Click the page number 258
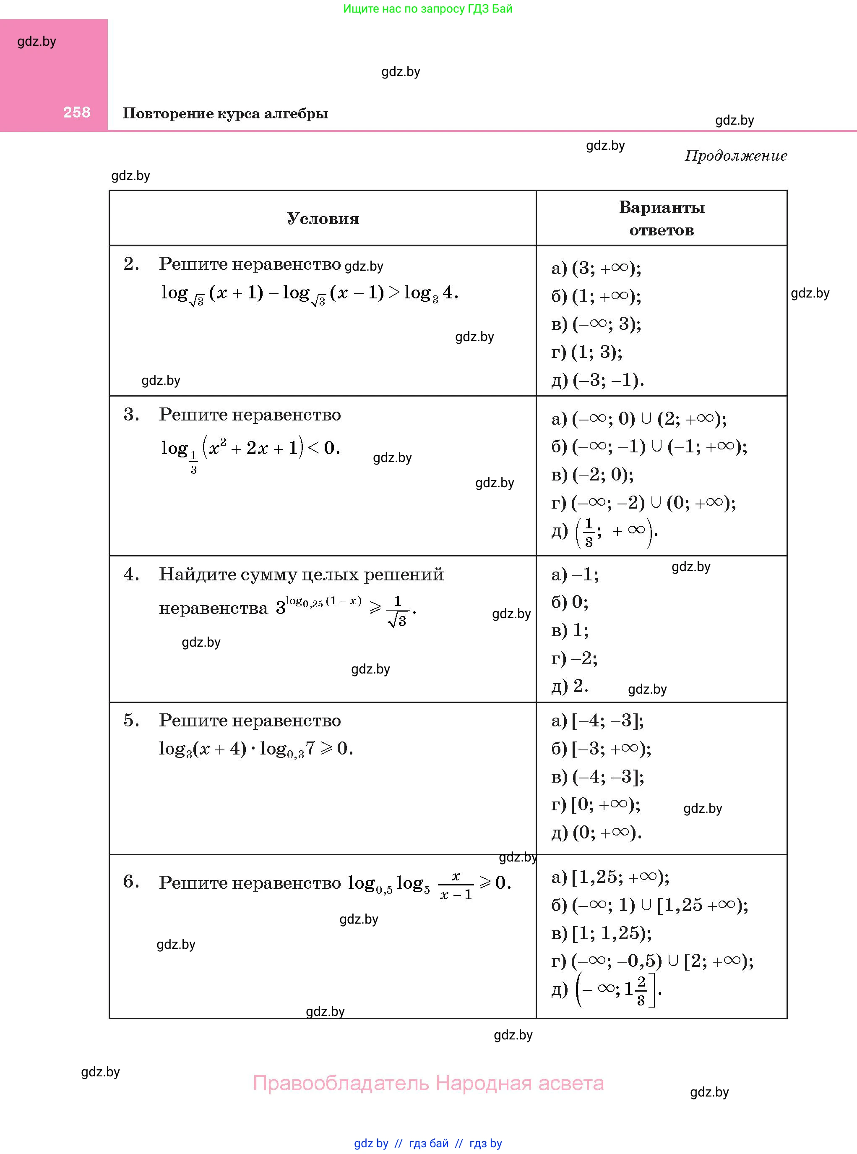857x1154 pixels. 77,112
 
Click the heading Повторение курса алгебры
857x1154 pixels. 225,114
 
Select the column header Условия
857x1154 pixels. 323,219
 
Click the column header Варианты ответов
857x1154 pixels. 662,219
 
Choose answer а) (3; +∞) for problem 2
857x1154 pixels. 596,268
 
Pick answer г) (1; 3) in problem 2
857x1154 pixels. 587,352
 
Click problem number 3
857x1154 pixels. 131,415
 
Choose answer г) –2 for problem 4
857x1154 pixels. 574,658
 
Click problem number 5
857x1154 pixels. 131,720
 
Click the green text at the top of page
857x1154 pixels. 427,9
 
